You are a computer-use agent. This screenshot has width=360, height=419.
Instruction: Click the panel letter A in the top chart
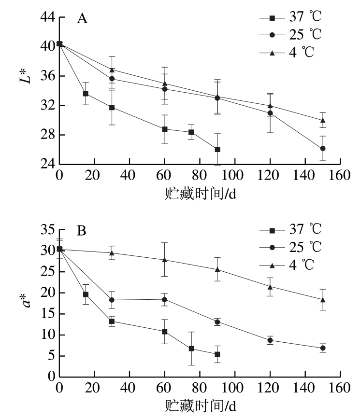point(82,19)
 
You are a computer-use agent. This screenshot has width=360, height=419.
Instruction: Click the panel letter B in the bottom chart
point(82,231)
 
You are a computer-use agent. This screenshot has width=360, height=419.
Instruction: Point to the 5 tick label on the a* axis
point(50,356)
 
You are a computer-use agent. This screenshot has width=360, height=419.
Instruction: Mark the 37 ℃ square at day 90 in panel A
point(217,150)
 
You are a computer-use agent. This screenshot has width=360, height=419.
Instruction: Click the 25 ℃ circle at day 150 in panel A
point(323,149)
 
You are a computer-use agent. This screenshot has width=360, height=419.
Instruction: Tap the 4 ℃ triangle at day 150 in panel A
point(323,120)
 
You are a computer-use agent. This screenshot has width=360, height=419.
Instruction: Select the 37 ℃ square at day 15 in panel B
point(86,294)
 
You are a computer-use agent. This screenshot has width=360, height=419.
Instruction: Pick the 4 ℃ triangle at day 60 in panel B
point(165,260)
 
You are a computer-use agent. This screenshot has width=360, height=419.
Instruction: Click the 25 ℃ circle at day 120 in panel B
point(270,340)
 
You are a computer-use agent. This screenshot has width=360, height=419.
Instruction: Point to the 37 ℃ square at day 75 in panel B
point(191,349)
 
